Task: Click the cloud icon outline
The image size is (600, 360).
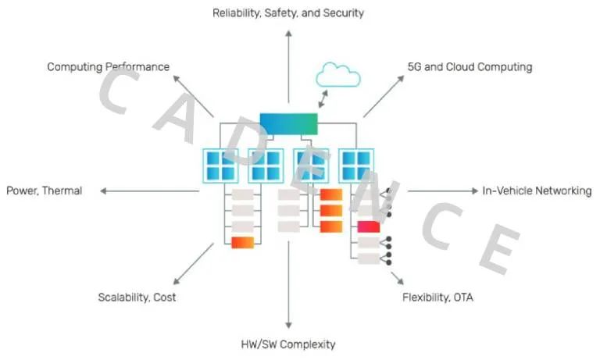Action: point(337,76)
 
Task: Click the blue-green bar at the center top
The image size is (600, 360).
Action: point(288,123)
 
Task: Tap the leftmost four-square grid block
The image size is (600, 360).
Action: point(220,166)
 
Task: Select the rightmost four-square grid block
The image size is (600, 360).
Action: point(355,166)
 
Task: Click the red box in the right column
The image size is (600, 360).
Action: point(368,227)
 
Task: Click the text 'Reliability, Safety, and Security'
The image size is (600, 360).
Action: point(288,13)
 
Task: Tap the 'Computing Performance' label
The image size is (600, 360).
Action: point(108,67)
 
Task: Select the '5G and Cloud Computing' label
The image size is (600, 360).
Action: point(470,67)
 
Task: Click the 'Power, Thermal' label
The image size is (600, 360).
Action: point(44,191)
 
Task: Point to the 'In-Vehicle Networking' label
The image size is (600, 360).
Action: point(537,191)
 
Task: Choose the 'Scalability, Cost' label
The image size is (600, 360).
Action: point(137,298)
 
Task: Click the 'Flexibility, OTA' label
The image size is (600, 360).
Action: point(437,298)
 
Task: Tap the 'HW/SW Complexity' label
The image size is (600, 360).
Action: point(288,344)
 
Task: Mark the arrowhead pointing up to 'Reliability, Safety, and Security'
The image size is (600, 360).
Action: point(288,34)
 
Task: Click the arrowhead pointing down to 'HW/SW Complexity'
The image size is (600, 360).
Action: point(288,324)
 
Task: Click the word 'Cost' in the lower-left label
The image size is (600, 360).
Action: point(164,298)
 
